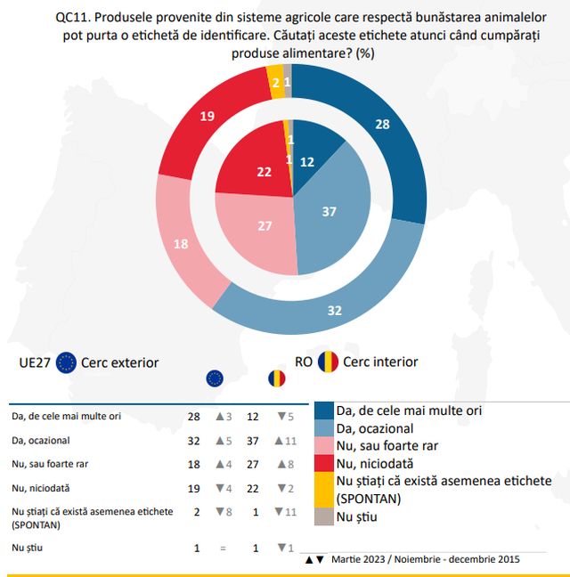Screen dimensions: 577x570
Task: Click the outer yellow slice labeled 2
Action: click(x=276, y=83)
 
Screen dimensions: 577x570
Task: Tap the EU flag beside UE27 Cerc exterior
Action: click(x=66, y=362)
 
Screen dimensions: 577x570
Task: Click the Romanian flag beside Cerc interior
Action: click(x=330, y=362)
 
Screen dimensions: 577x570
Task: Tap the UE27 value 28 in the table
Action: click(x=192, y=416)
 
